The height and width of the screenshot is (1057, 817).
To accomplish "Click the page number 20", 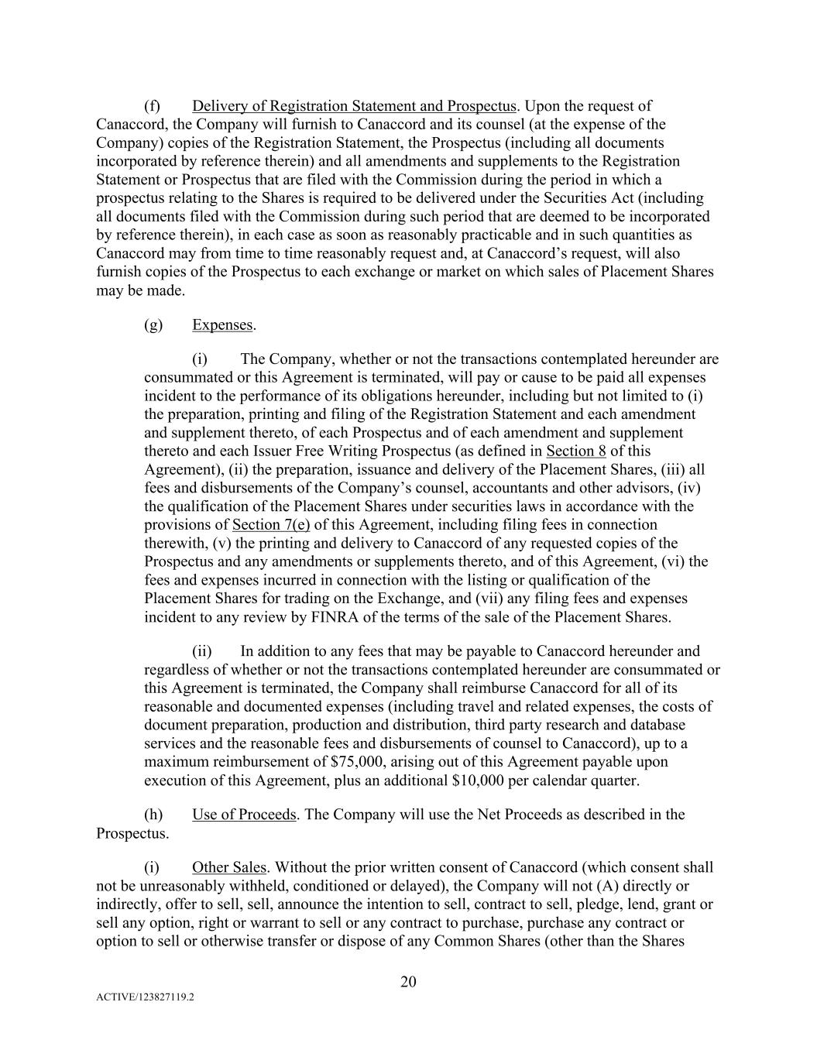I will pyautogui.click(x=408, y=982).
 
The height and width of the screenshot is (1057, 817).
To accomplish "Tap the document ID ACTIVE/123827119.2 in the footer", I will pyautogui.click(x=145, y=997).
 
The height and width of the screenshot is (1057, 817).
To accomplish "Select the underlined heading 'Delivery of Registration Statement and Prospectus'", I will pyautogui.click(x=354, y=106).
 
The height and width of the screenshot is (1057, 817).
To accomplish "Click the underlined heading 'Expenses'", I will pyautogui.click(x=222, y=324).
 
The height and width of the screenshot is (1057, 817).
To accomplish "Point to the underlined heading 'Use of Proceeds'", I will pyautogui.click(x=244, y=815).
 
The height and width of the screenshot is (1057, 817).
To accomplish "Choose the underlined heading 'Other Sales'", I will pyautogui.click(x=229, y=867).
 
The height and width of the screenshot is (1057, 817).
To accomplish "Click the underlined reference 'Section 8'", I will pyautogui.click(x=576, y=451).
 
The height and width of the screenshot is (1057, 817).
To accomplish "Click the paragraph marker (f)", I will pyautogui.click(x=153, y=106).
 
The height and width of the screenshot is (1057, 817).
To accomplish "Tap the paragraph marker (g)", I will pyautogui.click(x=153, y=324).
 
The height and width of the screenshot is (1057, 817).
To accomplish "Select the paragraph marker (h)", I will pyautogui.click(x=153, y=815).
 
